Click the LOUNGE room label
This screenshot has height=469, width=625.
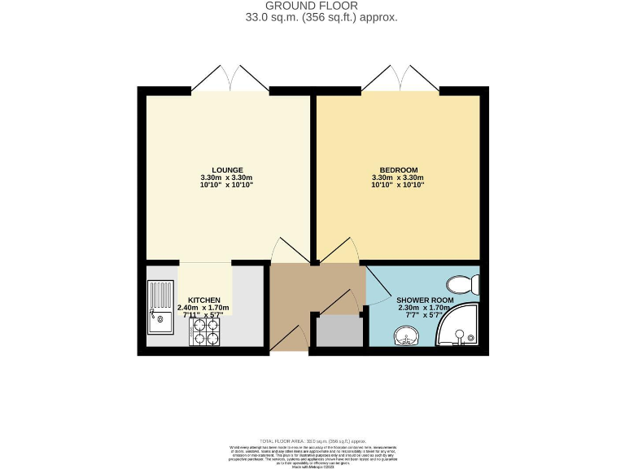click(227, 169)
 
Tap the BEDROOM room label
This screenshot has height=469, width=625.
click(397, 169)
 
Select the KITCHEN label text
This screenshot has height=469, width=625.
click(205, 300)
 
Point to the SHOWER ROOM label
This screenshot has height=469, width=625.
click(424, 299)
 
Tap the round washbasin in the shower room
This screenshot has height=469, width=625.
click(404, 335)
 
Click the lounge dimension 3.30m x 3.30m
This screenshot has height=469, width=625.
click(227, 178)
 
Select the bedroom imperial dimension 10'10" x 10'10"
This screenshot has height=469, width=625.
click(397, 186)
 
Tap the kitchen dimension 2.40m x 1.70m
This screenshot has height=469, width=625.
click(205, 308)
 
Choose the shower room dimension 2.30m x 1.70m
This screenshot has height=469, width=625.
click(424, 307)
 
